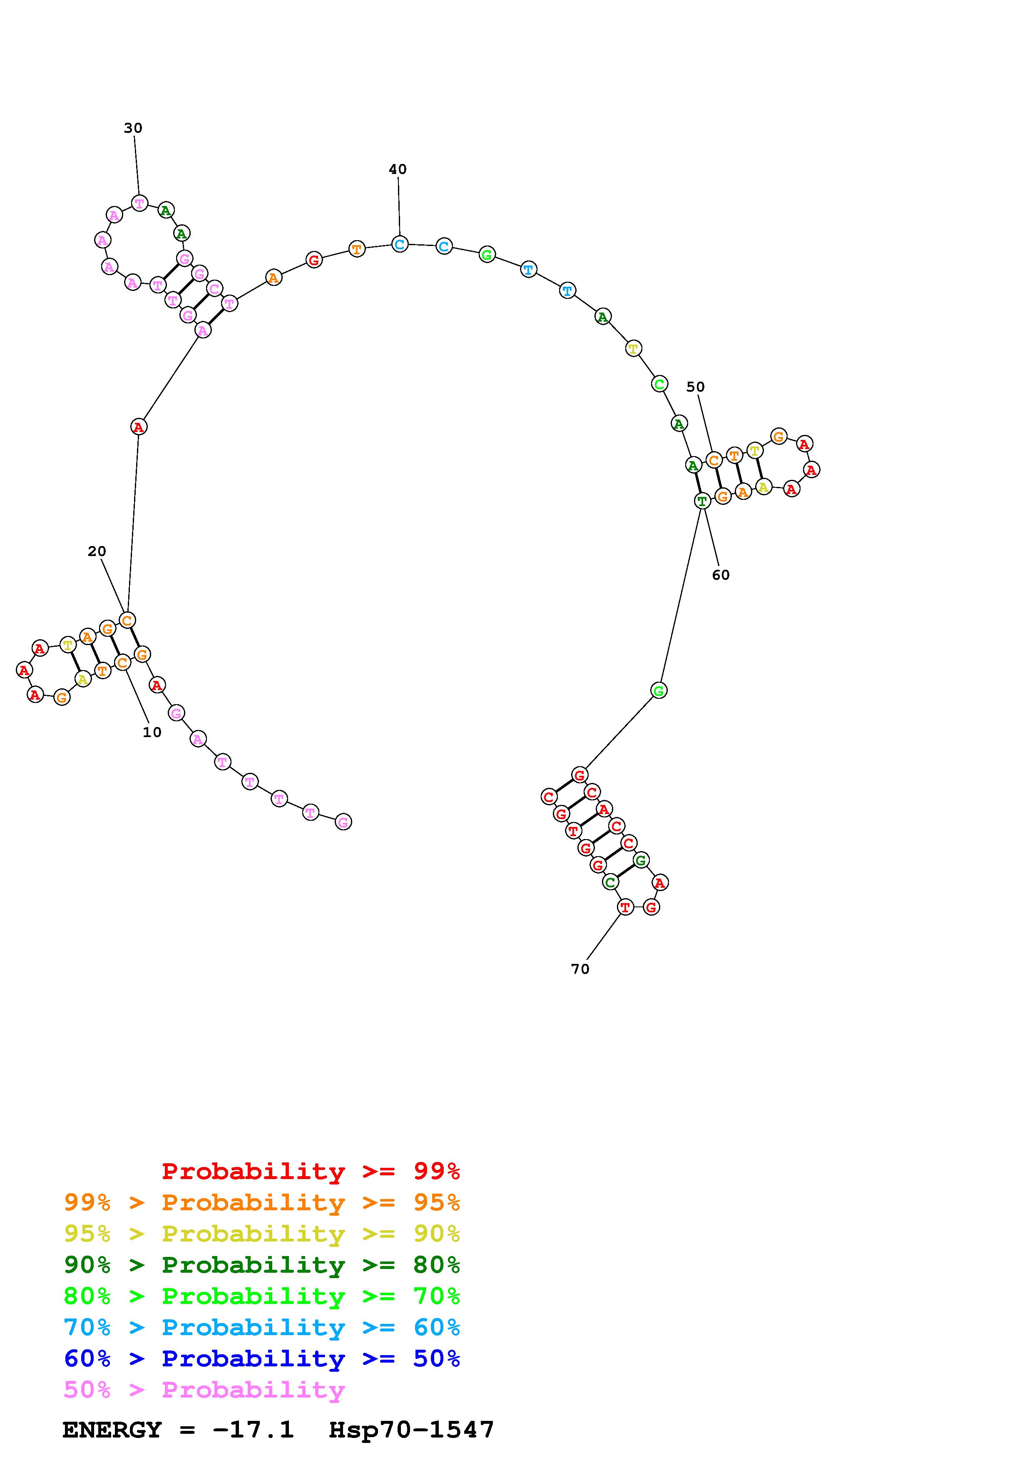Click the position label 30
[x=133, y=128]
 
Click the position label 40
[x=398, y=169]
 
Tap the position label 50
[x=696, y=387]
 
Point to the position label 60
[x=721, y=575]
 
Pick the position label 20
[x=97, y=551]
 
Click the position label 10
[x=152, y=732]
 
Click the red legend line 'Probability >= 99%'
[x=311, y=1171]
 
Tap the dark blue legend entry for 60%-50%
[x=262, y=1359]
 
